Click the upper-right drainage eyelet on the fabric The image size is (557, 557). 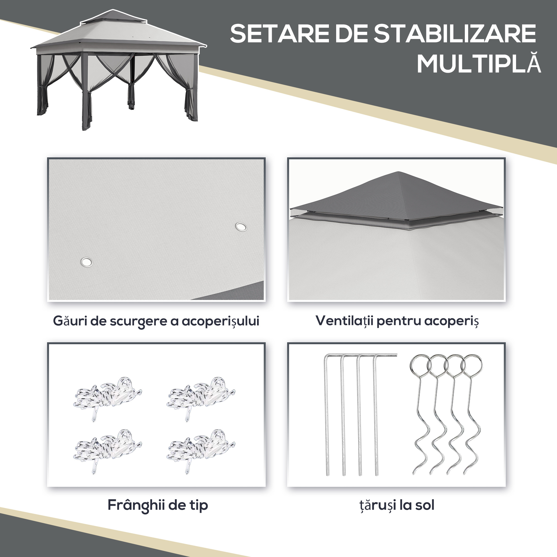coord(241,227)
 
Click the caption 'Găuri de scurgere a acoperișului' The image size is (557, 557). coord(156,321)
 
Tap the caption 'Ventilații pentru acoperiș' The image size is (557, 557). coord(397,321)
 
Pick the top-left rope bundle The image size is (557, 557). coord(107,396)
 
